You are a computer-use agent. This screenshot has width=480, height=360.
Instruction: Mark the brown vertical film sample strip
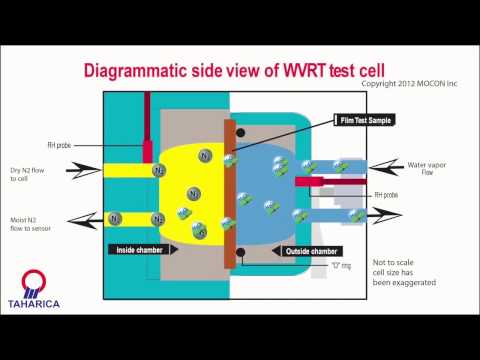pyautogui.click(x=229, y=190)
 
